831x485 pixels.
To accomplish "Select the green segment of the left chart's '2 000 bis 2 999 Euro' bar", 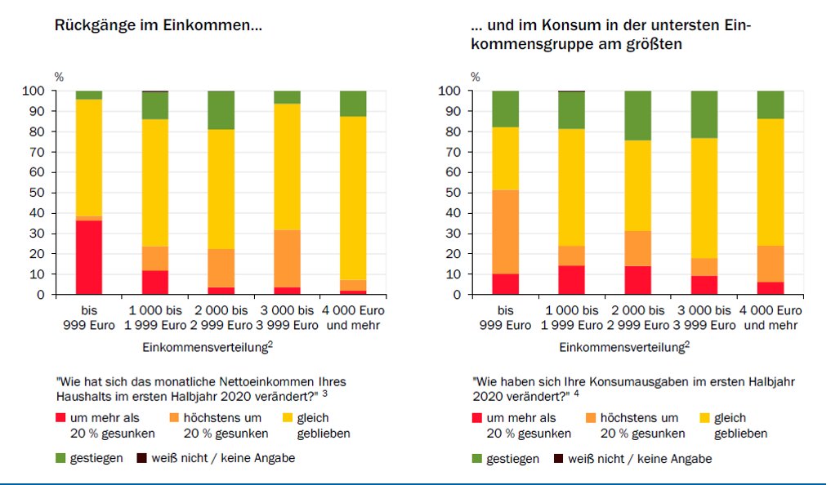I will [221, 110].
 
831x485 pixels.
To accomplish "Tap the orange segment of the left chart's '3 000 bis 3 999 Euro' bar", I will [287, 258].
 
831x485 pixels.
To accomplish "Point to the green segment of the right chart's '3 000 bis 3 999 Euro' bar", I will [704, 114].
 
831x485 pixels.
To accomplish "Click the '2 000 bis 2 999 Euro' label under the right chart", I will [637, 318].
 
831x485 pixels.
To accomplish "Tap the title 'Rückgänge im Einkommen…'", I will [158, 25].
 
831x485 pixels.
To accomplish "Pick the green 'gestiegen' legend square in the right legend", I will [478, 459].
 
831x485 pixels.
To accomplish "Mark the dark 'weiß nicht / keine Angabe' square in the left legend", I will [142, 458].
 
